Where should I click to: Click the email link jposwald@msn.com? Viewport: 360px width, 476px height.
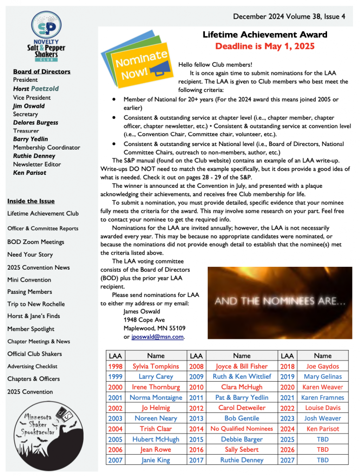click(x=158, y=337)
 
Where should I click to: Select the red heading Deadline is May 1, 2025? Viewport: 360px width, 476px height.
click(x=265, y=46)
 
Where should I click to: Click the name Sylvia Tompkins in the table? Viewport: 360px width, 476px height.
click(x=156, y=366)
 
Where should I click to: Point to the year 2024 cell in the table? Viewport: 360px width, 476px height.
click(x=288, y=429)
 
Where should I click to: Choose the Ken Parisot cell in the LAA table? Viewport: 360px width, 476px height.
click(x=322, y=429)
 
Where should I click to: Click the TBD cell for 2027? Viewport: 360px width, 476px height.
click(x=322, y=460)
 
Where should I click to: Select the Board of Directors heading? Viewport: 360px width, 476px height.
click(x=42, y=72)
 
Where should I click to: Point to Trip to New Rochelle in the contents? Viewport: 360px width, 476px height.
click(x=36, y=304)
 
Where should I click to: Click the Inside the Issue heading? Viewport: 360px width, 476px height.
click(x=31, y=201)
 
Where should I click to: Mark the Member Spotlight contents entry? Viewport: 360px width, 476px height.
click(x=31, y=329)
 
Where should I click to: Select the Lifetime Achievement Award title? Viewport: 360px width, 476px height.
click(x=265, y=35)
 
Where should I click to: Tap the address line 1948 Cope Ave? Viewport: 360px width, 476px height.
click(x=144, y=320)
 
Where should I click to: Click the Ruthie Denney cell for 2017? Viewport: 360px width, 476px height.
click(x=242, y=460)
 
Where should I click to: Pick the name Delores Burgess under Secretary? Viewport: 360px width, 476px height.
click(x=36, y=123)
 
